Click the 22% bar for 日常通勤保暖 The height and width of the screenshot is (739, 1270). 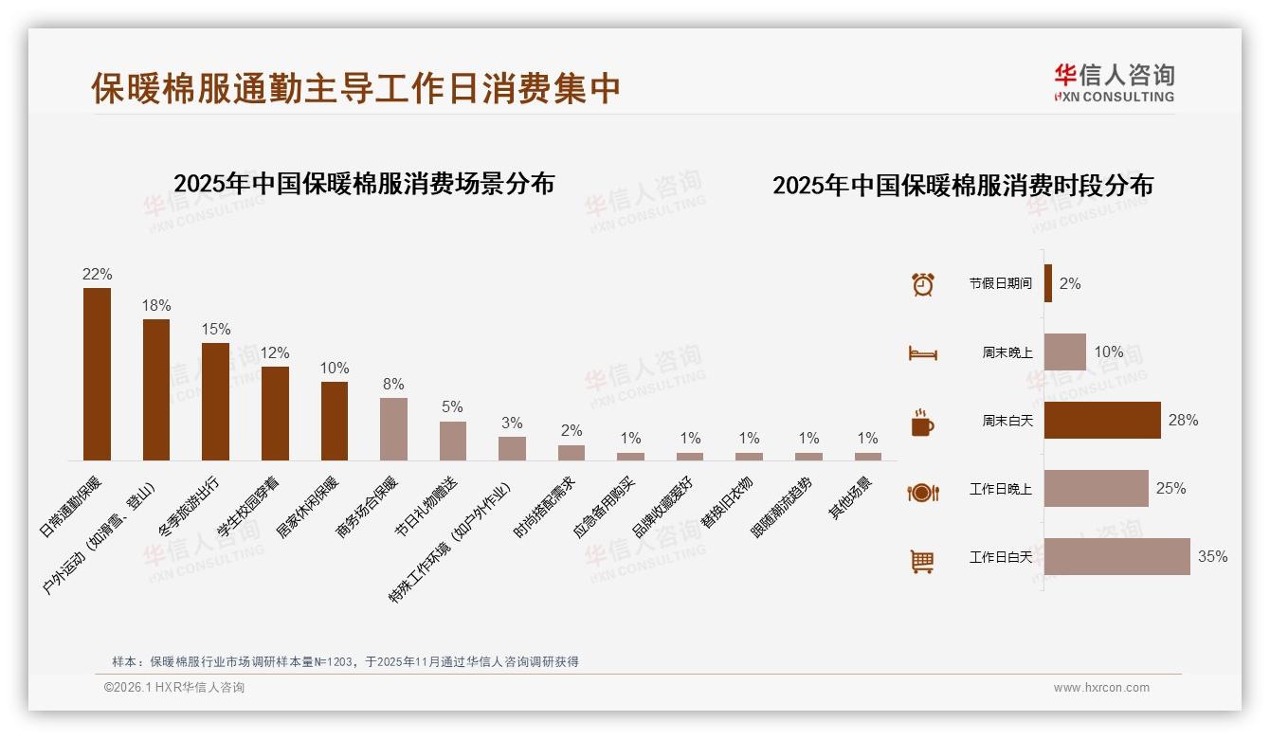click(97, 374)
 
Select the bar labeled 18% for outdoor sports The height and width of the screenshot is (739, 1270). click(156, 389)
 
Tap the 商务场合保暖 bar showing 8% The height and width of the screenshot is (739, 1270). click(393, 429)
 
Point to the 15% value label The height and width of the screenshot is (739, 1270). click(216, 329)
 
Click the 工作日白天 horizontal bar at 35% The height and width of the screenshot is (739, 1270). click(1116, 556)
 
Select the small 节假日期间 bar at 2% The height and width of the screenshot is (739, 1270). click(1048, 283)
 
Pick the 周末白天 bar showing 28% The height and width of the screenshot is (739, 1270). click(1102, 420)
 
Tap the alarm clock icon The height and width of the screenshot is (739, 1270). click(922, 284)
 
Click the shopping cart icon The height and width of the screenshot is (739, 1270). click(922, 561)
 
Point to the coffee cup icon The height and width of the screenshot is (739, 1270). click(922, 423)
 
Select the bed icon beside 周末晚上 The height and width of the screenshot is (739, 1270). click(922, 353)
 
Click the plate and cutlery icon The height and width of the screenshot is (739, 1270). click(922, 492)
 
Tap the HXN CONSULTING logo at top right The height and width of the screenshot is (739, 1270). click(1115, 83)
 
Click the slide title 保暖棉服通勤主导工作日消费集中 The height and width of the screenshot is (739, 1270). click(355, 88)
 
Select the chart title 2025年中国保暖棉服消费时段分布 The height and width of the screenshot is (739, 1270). click(962, 185)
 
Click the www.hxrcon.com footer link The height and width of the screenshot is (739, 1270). click(1101, 688)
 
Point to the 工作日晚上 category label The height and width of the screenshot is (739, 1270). click(1000, 489)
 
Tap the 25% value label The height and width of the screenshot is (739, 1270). click(1170, 488)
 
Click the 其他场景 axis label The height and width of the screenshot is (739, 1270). click(853, 496)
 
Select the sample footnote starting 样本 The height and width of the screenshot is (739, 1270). click(345, 661)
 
